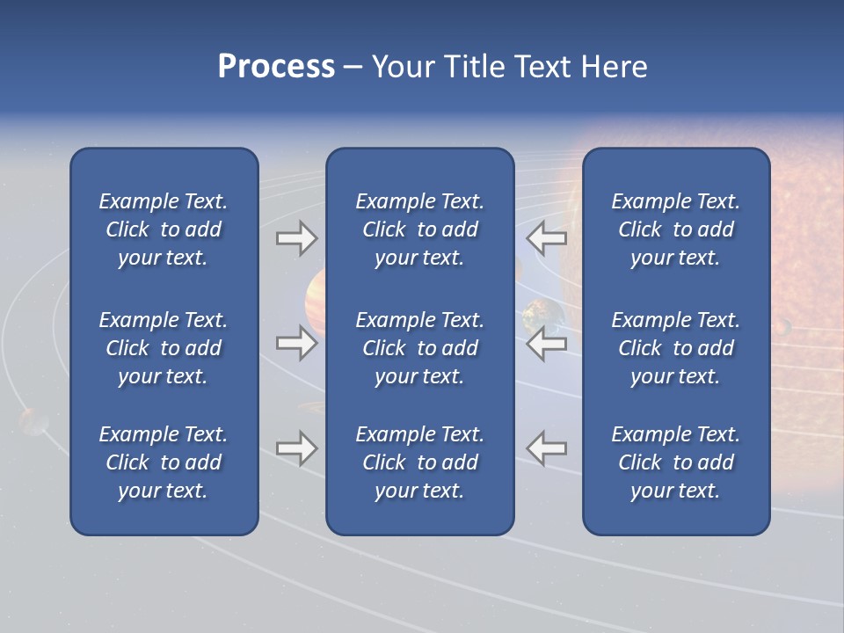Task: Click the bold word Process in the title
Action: [x=276, y=67]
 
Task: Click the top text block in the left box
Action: [x=163, y=229]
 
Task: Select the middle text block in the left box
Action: [x=163, y=348]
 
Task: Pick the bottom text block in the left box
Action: [x=163, y=462]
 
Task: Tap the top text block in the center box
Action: [x=419, y=229]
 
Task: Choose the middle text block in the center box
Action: [x=419, y=348]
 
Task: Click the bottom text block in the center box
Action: [x=419, y=462]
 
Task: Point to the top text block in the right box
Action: [x=675, y=229]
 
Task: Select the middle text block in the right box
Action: [x=675, y=348]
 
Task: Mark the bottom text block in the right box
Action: [x=675, y=462]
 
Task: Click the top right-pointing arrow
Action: [x=296, y=237]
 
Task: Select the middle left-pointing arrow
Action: [x=546, y=343]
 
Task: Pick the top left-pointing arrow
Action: [x=546, y=237]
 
